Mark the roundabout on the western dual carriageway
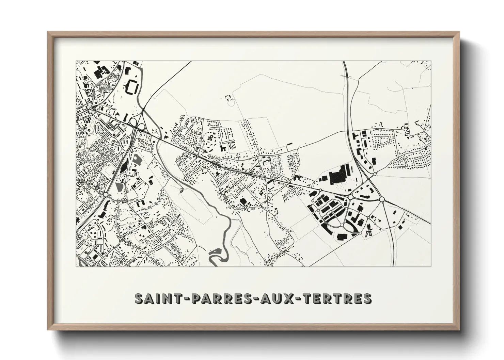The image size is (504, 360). (x=106, y=194)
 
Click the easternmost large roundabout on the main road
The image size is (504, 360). (x=382, y=199)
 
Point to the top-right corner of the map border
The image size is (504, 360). (x=431, y=61)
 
